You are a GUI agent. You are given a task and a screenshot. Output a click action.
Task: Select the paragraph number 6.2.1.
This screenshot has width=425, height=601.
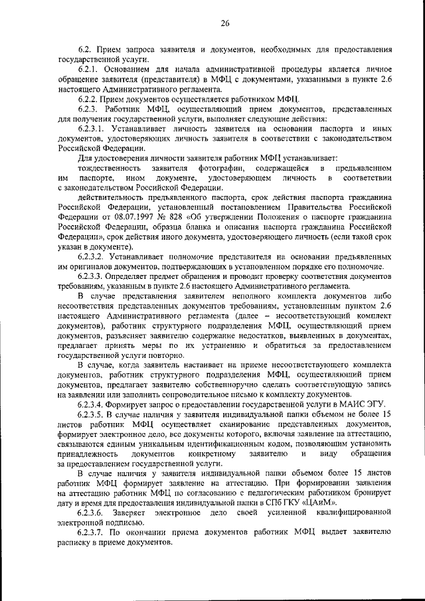click(x=90, y=69)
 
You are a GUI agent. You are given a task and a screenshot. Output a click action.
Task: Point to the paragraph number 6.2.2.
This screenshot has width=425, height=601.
click(x=90, y=98)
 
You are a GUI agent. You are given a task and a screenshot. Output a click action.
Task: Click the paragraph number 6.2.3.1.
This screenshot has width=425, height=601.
click(x=94, y=126)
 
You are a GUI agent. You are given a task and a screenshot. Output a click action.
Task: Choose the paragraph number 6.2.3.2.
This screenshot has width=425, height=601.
click(x=94, y=256)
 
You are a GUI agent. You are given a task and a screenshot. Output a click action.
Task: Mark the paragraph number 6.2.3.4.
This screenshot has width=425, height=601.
click(x=94, y=404)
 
